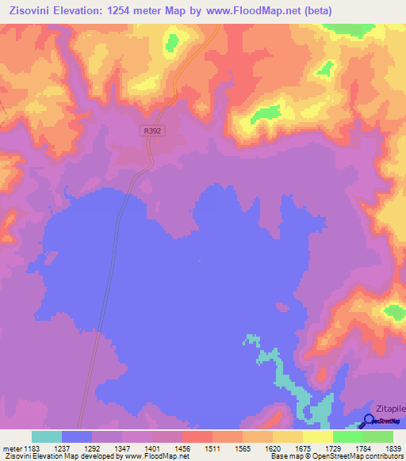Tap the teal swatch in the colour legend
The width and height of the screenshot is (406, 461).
[47, 436]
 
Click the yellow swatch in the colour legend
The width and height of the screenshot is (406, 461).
[318, 436]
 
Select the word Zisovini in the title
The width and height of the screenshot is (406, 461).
[34, 11]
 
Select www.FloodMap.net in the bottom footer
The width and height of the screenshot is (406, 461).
[153, 456]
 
